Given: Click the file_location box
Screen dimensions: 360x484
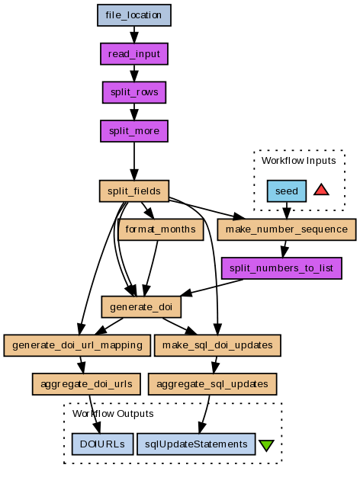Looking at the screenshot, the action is point(134,15).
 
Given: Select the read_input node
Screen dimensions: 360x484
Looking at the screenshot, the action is point(134,54).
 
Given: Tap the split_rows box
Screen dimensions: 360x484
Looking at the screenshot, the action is point(134,92).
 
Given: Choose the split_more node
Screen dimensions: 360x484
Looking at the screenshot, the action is point(134,131).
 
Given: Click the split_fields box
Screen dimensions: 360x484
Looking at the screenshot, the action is point(134,191).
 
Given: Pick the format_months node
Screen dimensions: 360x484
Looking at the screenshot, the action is point(160,229).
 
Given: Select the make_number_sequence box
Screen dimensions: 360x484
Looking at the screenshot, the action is point(287,229).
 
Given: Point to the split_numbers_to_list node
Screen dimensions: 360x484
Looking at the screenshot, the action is point(281,268).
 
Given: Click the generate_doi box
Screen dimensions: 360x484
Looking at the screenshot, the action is point(141,307).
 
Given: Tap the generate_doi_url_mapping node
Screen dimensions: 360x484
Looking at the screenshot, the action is point(77,345).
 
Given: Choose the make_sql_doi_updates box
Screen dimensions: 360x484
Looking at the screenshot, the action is point(217,345).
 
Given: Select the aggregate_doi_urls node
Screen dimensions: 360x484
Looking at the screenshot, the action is point(86,384).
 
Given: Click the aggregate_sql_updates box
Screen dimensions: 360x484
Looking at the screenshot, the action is point(212,384).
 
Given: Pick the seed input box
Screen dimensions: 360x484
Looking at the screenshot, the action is point(287,191).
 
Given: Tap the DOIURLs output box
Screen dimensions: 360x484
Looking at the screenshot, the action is point(102,444).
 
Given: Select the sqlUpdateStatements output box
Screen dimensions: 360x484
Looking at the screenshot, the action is point(196,444).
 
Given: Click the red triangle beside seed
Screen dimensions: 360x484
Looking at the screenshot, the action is point(321,190).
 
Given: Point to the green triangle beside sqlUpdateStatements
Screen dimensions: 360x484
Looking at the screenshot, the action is point(266,445).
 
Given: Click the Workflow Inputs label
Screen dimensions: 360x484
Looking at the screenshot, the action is point(298,161).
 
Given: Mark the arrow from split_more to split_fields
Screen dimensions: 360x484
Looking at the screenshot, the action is point(134,161).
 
